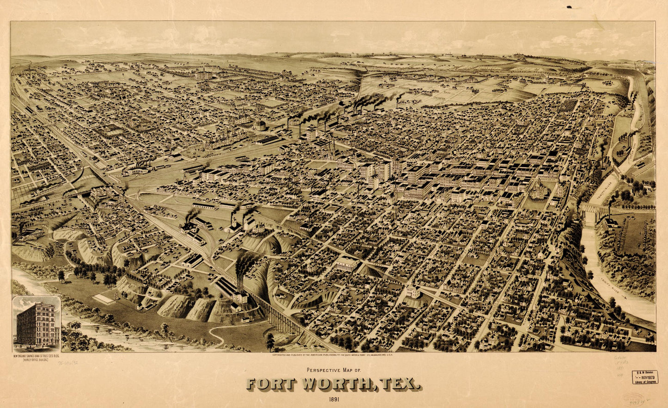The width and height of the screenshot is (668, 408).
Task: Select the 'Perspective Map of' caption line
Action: tap(333, 370)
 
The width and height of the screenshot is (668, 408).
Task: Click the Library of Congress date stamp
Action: tap(644, 377)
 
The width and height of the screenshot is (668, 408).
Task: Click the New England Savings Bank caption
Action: tap(37, 356)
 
